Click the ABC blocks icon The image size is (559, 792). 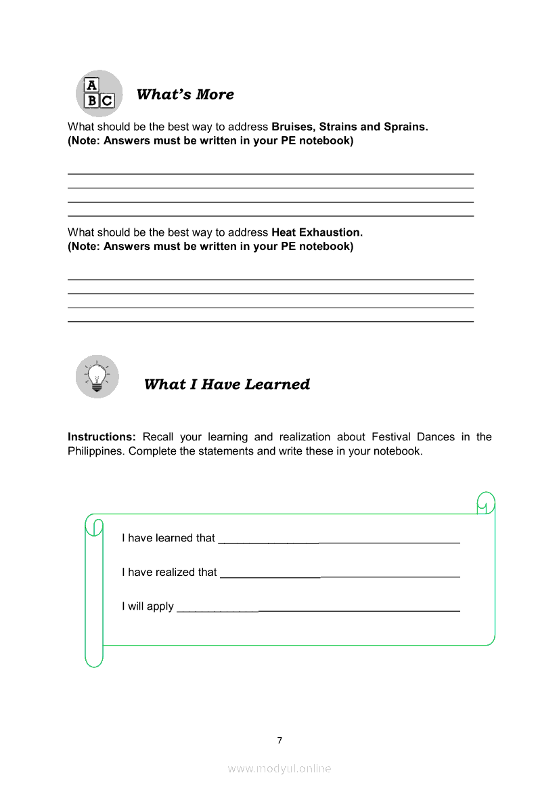tap(99, 93)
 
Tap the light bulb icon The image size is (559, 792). tap(97, 376)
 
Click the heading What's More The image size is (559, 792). tap(185, 94)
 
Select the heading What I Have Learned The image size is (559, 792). tap(227, 384)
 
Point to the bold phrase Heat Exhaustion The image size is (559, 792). tap(317, 232)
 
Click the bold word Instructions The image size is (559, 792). tap(102, 437)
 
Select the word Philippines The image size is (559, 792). tap(95, 451)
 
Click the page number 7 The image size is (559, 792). tap(279, 741)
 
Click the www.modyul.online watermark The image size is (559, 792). tap(279, 769)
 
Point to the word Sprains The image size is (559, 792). tap(405, 127)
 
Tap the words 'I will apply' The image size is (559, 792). tap(148, 606)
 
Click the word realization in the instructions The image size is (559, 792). tap(303, 437)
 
